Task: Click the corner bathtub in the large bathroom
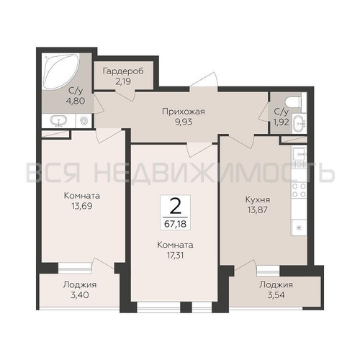(x=60, y=71)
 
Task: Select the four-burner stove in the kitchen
(x=299, y=190)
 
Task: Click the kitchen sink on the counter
(x=299, y=155)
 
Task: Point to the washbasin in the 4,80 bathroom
(x=58, y=121)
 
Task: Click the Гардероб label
(x=123, y=71)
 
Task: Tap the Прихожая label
(x=184, y=112)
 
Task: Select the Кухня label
(x=258, y=199)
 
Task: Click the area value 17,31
(x=175, y=256)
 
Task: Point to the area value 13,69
(x=82, y=206)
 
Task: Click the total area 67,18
(x=175, y=224)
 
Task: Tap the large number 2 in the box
(x=175, y=206)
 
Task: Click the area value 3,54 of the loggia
(x=276, y=295)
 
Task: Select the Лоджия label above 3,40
(x=80, y=285)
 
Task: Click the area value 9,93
(x=184, y=122)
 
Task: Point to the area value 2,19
(x=123, y=81)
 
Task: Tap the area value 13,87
(x=258, y=210)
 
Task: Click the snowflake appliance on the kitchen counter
(x=299, y=228)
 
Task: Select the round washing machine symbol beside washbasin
(x=84, y=121)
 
